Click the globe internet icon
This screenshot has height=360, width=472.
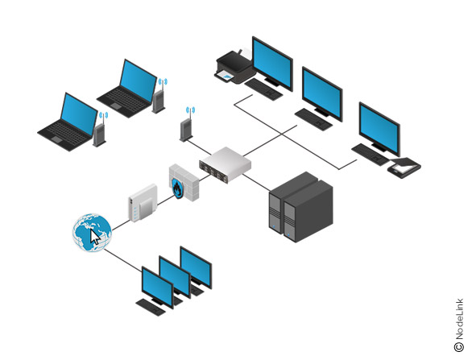coord(92,233)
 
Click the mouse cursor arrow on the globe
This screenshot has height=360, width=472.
coord(95,238)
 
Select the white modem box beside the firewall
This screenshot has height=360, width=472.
coord(143,203)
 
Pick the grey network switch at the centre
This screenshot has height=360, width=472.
coord(226,164)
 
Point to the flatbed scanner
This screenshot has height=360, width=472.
coord(404,168)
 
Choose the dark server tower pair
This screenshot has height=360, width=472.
coord(300,207)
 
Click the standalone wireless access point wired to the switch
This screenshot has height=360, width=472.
coord(187,126)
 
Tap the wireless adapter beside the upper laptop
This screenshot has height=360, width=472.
coord(159,97)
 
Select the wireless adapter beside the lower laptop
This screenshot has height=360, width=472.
coord(100,130)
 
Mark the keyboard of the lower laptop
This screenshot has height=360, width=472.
coord(65,134)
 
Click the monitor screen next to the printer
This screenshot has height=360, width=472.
coord(272,64)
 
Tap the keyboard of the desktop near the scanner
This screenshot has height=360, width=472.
coord(371,155)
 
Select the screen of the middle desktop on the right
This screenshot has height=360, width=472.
coord(322,94)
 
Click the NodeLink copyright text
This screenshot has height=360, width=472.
coord(459,325)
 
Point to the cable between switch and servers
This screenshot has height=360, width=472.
coord(256,182)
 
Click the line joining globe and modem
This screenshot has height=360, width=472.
coord(121,226)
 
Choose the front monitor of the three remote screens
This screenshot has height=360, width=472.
coord(157,288)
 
